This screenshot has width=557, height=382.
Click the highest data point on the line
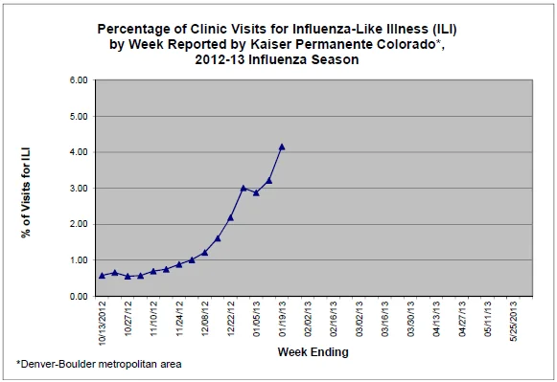pos(282,146)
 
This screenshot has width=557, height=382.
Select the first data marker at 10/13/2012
pos(102,276)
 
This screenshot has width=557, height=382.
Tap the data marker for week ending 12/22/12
pos(230,217)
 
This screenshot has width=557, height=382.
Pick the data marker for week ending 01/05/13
pos(256,193)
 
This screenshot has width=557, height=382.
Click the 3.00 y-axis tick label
pos(79,189)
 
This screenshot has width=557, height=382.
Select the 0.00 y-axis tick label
pos(79,297)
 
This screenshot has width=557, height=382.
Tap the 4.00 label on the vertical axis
pos(79,152)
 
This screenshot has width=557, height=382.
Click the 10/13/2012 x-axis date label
pos(103,323)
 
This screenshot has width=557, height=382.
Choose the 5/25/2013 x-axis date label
pos(513,321)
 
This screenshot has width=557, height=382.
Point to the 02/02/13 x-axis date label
pos(308,319)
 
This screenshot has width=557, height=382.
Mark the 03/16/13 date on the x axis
pos(384,319)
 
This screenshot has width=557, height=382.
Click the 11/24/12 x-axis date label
pos(179,319)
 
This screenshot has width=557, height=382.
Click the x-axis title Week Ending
pos(313,352)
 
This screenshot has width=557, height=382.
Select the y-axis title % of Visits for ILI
pos(26,192)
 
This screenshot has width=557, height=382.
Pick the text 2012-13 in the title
pos(220,59)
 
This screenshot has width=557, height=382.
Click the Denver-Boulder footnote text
pos(99,364)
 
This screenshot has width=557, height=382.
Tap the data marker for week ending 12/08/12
pos(204,253)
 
